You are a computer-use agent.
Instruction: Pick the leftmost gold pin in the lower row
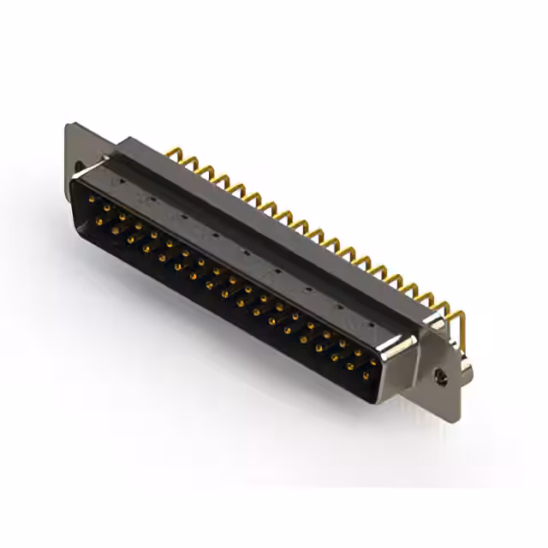pos(99,222)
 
